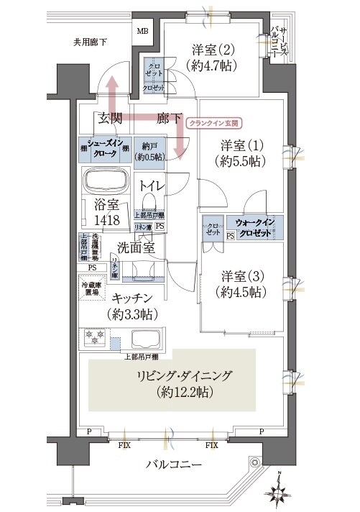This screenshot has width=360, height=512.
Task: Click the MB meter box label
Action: click(x=143, y=32)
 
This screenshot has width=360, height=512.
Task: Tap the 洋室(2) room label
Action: click(x=212, y=58)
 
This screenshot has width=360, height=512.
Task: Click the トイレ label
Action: click(x=152, y=186)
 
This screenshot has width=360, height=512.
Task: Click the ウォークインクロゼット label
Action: click(x=254, y=228)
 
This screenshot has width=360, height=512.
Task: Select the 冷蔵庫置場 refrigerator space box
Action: click(x=88, y=287)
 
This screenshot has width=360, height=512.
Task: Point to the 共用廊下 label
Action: click(x=91, y=42)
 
